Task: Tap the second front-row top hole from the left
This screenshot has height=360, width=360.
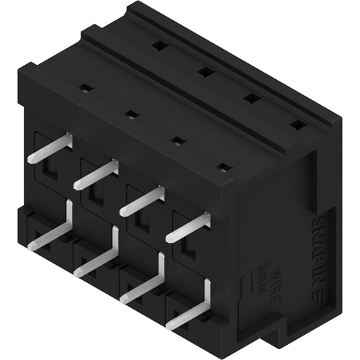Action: [131, 113]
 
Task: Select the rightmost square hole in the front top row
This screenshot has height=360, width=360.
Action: [225, 168]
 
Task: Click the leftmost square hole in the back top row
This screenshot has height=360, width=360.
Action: [157, 45]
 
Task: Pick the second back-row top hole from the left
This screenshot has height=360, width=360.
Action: [204, 71]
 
